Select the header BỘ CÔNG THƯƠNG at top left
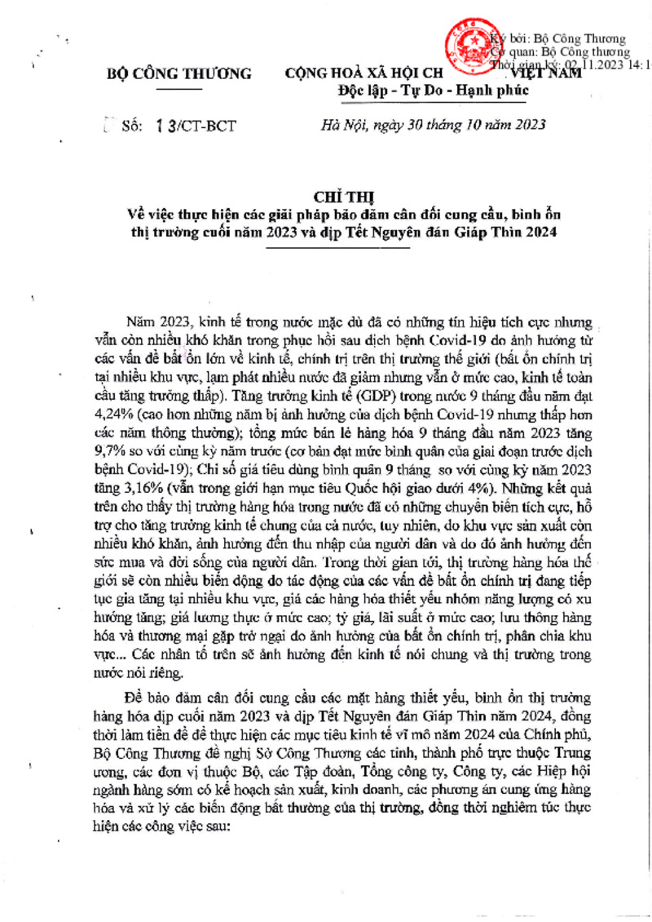click(179, 73)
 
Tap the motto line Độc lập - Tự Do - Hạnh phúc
click(434, 90)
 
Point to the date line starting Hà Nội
click(434, 125)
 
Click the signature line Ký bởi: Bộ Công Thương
click(557, 38)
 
